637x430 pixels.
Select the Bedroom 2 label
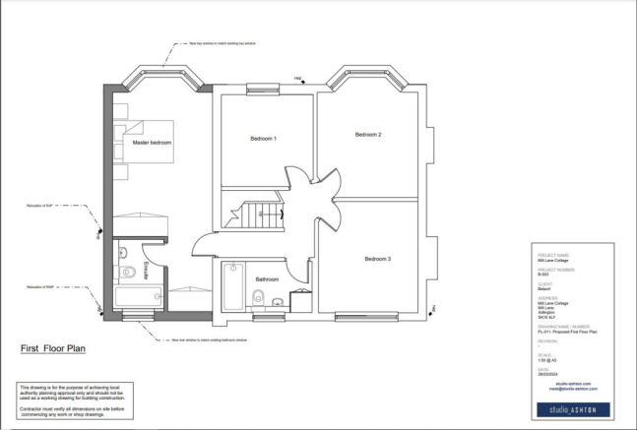(367, 134)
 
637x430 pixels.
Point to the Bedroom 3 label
(378, 259)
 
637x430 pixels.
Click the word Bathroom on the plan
(268, 279)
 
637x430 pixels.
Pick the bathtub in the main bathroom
(233, 286)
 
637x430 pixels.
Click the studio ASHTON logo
(571, 408)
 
